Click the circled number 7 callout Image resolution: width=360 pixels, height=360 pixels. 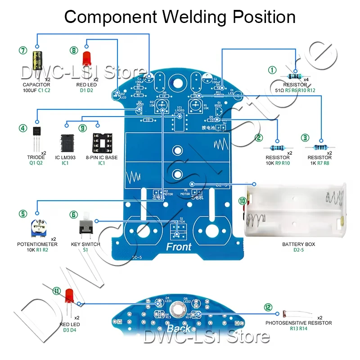[x=22, y=50]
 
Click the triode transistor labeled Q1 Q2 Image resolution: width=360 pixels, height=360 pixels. [x=36, y=135]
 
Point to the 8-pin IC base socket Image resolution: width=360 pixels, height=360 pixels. [x=101, y=141]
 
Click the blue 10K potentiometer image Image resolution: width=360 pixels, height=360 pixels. [x=40, y=227]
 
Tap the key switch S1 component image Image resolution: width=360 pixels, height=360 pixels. [x=85, y=228]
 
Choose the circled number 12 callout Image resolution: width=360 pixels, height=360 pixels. [x=268, y=307]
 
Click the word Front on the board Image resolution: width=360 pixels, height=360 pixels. [x=179, y=247]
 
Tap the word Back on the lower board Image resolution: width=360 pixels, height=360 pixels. [x=179, y=328]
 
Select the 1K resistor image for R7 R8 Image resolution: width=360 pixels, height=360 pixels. [x=320, y=148]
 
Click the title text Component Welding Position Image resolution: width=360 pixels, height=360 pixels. [x=180, y=17]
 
